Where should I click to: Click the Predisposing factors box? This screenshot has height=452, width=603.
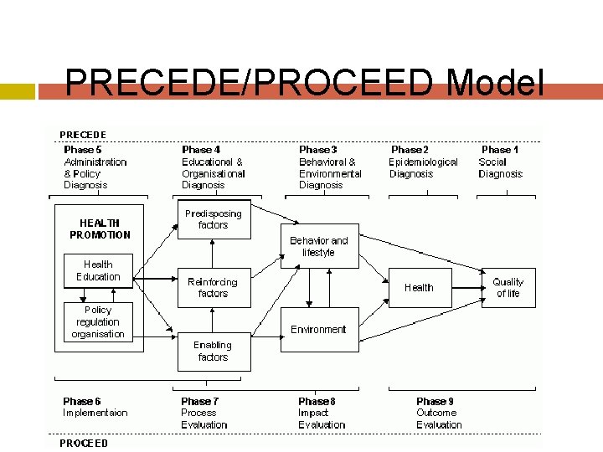point(214,219)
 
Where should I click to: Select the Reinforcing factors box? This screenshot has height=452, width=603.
point(213,288)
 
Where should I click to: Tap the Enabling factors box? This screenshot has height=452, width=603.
point(213,351)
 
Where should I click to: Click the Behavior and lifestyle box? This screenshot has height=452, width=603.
point(318,246)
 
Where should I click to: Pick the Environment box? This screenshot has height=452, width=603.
point(318,329)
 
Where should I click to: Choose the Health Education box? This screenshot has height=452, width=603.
point(98,270)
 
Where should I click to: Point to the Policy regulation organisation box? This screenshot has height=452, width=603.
point(98,321)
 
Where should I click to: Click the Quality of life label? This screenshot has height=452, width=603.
point(508,288)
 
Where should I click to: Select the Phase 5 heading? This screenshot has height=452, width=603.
point(83,150)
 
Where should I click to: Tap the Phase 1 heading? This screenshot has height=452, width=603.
point(501,150)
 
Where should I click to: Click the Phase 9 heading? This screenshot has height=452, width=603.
point(435,401)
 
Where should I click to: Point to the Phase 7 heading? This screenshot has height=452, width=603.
point(201,401)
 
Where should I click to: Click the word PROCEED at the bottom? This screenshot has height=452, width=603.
point(83,443)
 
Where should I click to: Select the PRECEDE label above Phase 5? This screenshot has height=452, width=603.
point(83,135)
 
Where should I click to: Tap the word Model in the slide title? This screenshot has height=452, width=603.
point(496,84)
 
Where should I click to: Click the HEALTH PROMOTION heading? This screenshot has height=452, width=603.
point(100,229)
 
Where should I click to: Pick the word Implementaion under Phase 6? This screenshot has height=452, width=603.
point(95,413)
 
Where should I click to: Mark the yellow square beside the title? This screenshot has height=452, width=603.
point(18,91)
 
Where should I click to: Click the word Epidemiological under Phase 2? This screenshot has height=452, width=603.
point(424,162)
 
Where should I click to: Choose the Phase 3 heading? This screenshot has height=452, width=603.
point(318,150)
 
